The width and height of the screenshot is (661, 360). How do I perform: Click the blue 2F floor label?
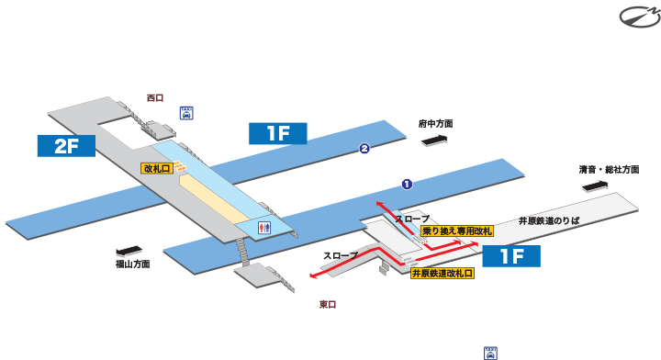point(66,145)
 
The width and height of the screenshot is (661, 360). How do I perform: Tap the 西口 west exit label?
point(154,96)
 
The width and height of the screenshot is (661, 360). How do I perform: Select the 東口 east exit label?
point(328,304)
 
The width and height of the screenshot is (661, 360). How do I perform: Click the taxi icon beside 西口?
point(185,112)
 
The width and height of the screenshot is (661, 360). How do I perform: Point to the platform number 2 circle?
point(364,149)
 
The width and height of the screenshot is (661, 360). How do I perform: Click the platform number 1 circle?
point(407,184)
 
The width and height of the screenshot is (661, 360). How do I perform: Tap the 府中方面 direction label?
point(436,123)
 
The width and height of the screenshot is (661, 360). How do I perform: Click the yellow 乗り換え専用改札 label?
point(458,231)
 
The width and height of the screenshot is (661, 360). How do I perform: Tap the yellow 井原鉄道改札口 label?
point(442,273)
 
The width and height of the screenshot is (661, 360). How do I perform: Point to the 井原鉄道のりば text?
point(548,220)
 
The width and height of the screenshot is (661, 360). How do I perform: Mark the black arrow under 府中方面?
point(434,140)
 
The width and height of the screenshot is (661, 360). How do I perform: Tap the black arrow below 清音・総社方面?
point(595,186)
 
